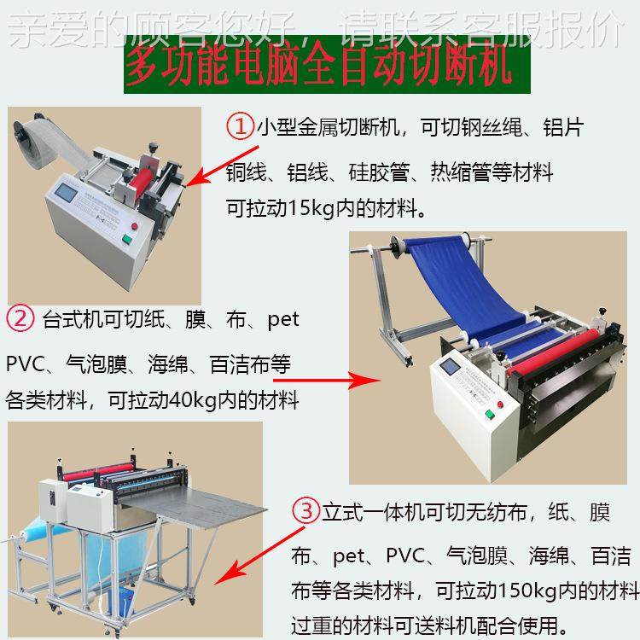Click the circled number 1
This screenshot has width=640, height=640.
(x=241, y=127)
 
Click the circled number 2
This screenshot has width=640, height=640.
(x=19, y=321)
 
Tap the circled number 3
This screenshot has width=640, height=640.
(x=305, y=512)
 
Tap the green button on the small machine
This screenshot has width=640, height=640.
(x=134, y=228)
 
